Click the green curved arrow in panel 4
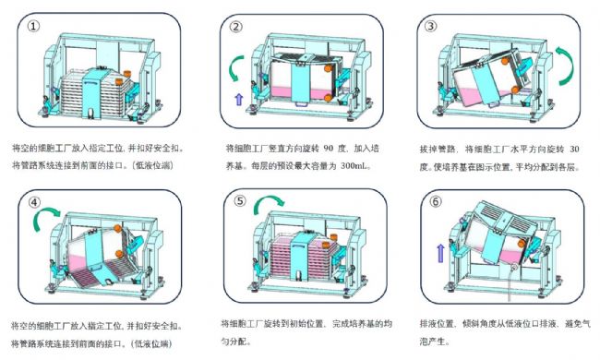46,220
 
